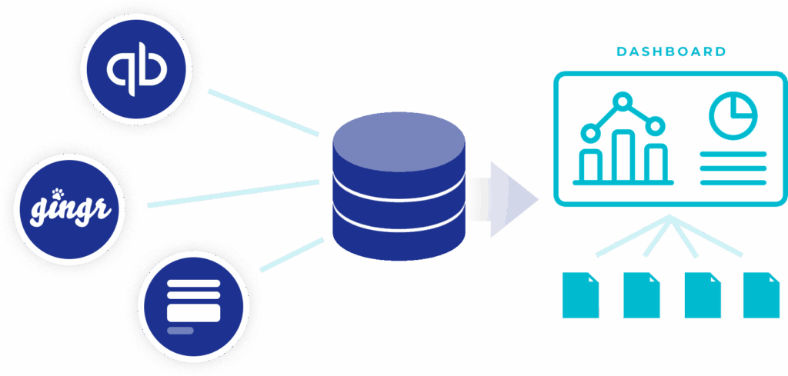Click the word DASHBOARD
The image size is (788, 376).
click(x=671, y=52)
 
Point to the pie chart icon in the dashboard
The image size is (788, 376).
click(x=733, y=115)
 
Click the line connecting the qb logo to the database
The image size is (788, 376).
click(x=264, y=112)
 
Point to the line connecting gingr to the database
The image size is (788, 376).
click(x=233, y=193)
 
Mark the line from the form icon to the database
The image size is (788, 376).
click(x=292, y=255)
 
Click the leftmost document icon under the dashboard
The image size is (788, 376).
click(x=581, y=295)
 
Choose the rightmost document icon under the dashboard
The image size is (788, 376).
click(x=761, y=295)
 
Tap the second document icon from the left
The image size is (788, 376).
click(x=641, y=295)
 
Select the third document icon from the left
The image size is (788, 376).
click(x=701, y=295)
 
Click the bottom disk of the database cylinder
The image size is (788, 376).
click(x=399, y=235)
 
